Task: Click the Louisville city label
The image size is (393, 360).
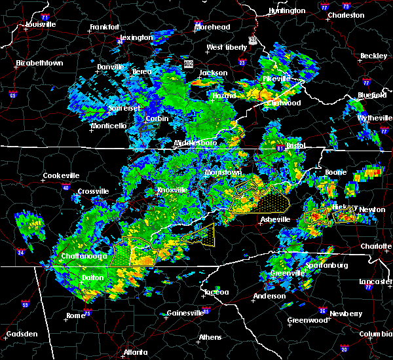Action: coord(40,25)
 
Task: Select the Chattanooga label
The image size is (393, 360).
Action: coord(84,256)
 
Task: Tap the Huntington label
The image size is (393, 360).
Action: coord(286,10)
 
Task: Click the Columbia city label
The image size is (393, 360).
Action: coord(377,334)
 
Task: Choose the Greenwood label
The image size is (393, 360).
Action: coord(307,320)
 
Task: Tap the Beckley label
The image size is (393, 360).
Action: coord(373,56)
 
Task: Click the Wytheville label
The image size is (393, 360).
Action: coord(372,118)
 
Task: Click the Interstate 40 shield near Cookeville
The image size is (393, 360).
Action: coord(65,187)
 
